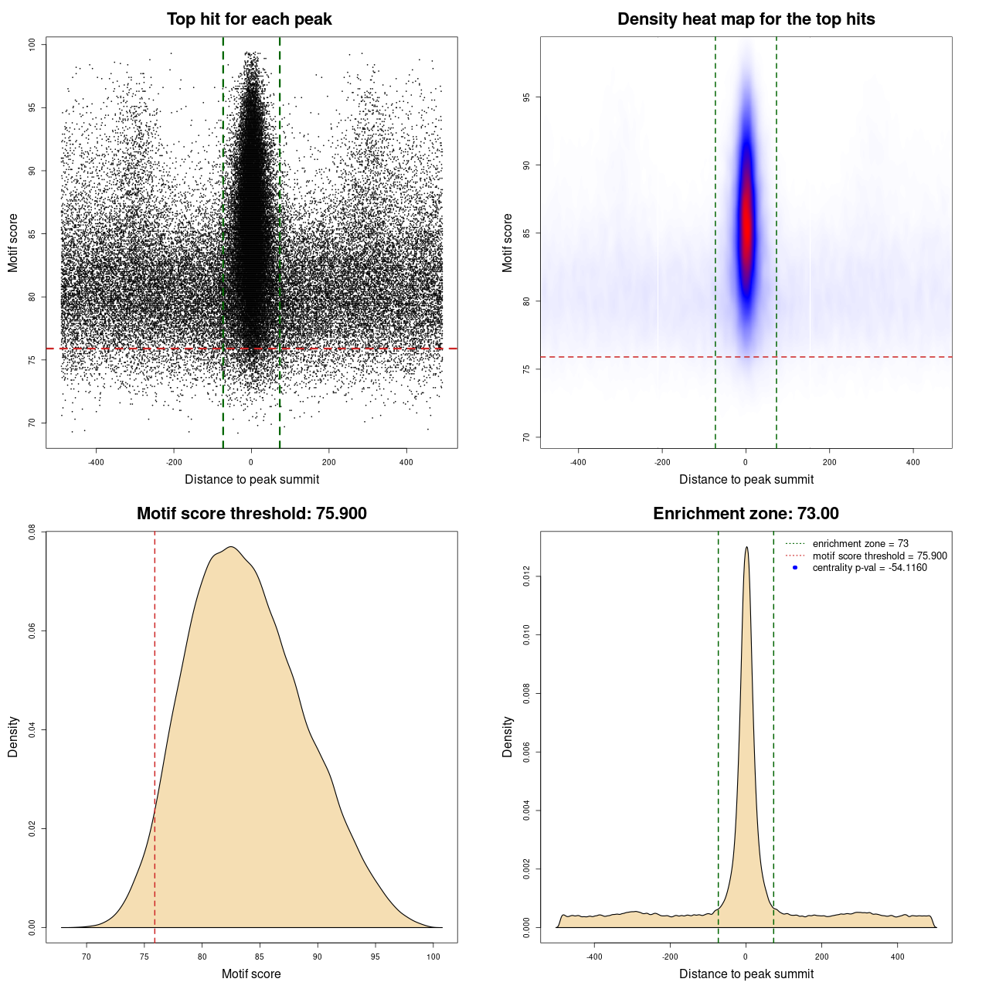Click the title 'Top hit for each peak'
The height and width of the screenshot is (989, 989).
249,19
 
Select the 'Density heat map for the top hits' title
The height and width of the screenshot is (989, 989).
746,19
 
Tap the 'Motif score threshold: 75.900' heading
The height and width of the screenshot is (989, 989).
251,514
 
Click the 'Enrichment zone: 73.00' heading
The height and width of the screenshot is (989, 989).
746,514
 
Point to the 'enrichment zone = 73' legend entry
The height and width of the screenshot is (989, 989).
860,544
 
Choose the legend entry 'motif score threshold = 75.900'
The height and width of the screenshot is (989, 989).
879,556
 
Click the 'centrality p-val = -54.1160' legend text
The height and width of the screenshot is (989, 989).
869,568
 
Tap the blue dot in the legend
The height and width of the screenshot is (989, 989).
795,568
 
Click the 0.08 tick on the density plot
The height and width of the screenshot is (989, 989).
32,532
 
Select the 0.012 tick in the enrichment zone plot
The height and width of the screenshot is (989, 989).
527,576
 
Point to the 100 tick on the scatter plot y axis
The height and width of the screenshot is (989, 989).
32,45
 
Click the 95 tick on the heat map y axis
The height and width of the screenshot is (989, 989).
527,97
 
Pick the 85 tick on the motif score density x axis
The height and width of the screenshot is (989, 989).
260,957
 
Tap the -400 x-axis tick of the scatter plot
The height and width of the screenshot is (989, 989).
96,462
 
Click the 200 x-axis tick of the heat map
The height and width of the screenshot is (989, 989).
829,462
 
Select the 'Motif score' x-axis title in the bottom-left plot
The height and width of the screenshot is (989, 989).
251,974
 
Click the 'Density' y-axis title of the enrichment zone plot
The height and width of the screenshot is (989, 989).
508,736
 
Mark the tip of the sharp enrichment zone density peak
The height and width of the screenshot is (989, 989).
746,548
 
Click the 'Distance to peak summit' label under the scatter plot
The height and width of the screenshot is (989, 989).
252,479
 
